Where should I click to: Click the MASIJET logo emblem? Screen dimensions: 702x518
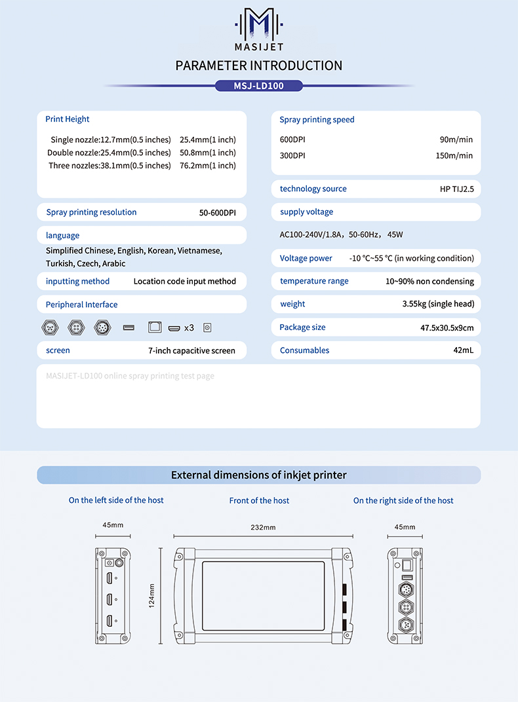tap(259, 24)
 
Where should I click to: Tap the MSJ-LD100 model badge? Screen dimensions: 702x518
tap(259, 86)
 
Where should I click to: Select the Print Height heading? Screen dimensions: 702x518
tap(68, 119)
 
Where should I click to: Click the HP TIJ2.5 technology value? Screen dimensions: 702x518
tap(456, 189)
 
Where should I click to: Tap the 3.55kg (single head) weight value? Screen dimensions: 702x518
tap(438, 304)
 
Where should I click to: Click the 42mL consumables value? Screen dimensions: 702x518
tap(463, 350)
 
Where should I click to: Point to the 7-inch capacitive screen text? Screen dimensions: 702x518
tap(191, 351)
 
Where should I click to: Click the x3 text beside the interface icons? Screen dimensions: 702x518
tap(189, 327)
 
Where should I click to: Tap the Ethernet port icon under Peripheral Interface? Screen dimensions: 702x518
tap(155, 327)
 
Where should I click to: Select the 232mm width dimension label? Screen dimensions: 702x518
tap(263, 528)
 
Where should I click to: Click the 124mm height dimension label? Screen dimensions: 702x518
tap(151, 595)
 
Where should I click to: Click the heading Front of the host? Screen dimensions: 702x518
tap(259, 501)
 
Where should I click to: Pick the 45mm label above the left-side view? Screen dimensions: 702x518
tap(113, 525)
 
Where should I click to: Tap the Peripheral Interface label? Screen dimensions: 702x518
tap(82, 305)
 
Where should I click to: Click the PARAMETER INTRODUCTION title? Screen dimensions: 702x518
tap(259, 65)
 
